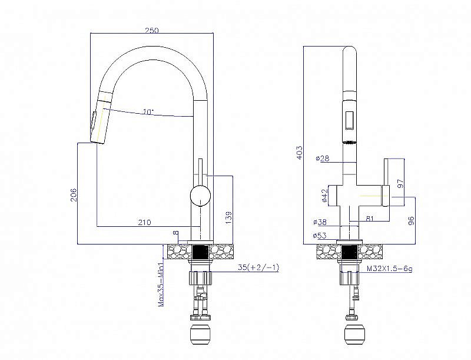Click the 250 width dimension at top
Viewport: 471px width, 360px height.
(x=152, y=30)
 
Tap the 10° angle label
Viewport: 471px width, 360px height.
(x=148, y=112)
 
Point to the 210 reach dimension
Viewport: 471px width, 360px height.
(x=144, y=222)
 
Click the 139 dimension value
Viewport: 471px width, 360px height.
(x=228, y=217)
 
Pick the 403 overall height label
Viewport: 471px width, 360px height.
(x=299, y=153)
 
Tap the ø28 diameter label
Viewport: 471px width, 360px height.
(x=323, y=158)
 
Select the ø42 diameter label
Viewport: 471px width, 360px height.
(x=324, y=196)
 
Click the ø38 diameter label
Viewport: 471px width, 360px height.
(x=320, y=222)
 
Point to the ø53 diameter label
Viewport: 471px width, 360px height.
(x=320, y=236)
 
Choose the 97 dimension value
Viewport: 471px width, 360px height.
(x=400, y=184)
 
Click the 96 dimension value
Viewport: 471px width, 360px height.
(x=412, y=220)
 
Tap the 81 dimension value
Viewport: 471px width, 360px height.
(x=370, y=218)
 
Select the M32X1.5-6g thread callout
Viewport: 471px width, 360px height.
(x=389, y=269)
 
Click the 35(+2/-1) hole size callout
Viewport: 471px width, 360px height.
(x=258, y=267)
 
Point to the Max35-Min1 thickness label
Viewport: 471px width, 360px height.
(x=161, y=285)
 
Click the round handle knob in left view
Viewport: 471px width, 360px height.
(x=200, y=196)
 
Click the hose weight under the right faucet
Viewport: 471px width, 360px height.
(x=354, y=333)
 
